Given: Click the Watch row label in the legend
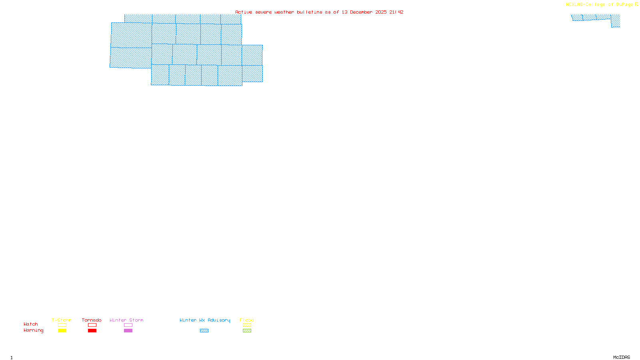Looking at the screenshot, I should click(31, 324).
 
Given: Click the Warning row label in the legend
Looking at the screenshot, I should click(33, 330).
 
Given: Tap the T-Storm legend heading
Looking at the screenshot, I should click(62, 320).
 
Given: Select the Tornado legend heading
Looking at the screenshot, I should click(92, 320).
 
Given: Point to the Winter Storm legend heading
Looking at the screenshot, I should click(126, 320).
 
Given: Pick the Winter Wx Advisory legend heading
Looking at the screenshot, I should click(205, 320).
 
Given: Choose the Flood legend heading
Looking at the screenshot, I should click(247, 320).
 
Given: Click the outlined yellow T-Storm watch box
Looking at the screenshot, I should click(62, 325).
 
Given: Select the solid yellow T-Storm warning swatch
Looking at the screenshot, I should click(62, 331).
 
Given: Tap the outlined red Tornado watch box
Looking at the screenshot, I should click(92, 325).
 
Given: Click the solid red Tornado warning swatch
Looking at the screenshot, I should click(92, 331).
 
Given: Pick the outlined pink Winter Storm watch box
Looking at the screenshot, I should click(128, 325).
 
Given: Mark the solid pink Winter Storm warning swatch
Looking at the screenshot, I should click(128, 331).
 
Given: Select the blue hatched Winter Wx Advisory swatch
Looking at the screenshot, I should click(204, 331).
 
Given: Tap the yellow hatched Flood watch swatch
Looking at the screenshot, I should click(247, 325).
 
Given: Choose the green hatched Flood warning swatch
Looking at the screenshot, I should click(247, 331).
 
